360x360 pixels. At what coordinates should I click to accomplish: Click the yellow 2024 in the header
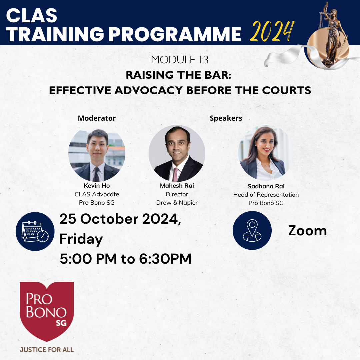click(x=272, y=31)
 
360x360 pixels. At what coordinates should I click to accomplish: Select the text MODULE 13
click(x=180, y=60)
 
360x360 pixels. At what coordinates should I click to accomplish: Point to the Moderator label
click(x=97, y=118)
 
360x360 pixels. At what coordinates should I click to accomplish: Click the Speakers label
click(x=226, y=118)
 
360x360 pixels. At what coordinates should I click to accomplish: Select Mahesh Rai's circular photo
click(x=177, y=153)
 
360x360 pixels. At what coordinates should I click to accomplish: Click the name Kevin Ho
click(x=97, y=186)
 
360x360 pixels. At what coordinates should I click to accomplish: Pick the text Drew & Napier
click(x=177, y=203)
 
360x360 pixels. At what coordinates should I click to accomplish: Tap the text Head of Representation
click(x=266, y=195)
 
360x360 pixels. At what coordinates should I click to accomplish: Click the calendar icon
click(x=35, y=231)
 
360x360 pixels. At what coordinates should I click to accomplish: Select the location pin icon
click(x=252, y=231)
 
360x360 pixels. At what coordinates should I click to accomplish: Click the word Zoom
click(x=307, y=231)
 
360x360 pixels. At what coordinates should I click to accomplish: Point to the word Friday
click(x=81, y=239)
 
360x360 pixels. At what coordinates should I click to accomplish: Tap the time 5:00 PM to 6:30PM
click(x=126, y=259)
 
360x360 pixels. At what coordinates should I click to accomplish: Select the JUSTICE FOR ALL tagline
click(x=47, y=350)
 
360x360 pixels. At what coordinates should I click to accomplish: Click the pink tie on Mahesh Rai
click(x=175, y=174)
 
